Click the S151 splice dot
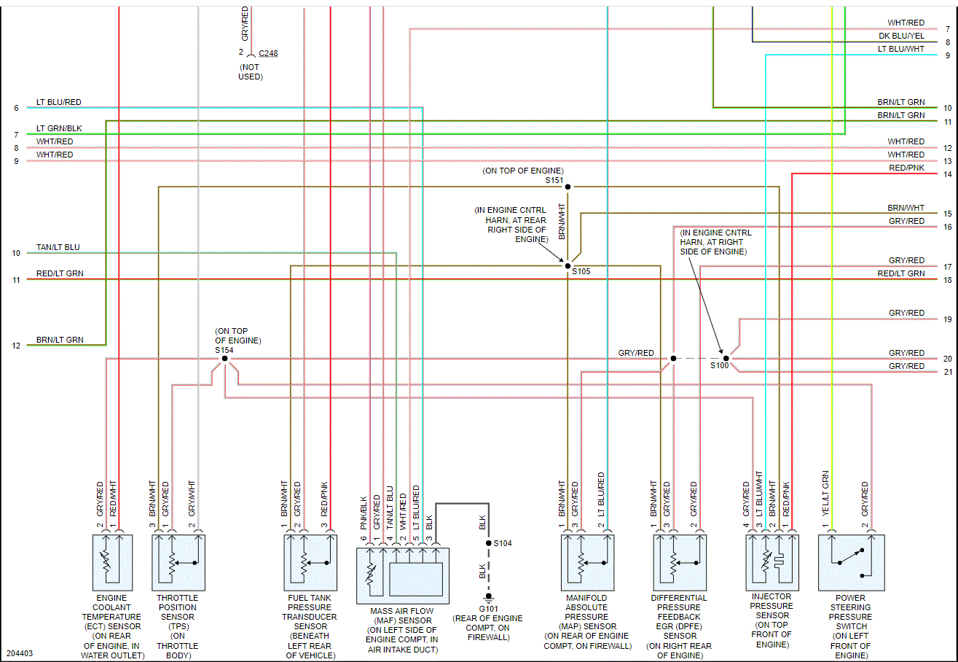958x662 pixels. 568,187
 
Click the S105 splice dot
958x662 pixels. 568,265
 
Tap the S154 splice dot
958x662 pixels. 225,359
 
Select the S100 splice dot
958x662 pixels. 726,359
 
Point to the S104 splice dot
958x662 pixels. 489,543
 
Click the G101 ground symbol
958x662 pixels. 489,596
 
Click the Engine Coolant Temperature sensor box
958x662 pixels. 112,562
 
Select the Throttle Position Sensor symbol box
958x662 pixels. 178,562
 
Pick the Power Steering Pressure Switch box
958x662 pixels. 851,562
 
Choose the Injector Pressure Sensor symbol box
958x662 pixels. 771,562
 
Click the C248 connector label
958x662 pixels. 267,53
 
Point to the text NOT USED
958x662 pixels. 250,71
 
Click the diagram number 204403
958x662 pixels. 20,654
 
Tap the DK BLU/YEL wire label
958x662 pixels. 901,36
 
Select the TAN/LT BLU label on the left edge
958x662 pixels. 58,247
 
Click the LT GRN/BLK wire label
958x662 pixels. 59,128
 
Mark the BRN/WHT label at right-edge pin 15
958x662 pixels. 906,208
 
